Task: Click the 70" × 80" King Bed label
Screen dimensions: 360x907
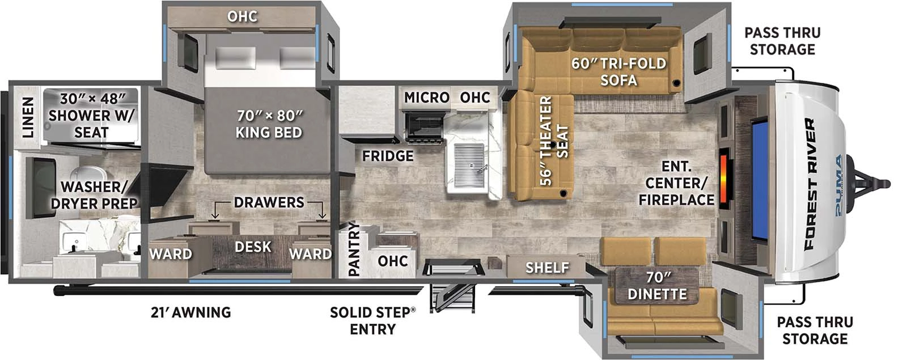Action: tap(269, 124)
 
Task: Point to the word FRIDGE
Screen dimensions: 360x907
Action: tap(388, 155)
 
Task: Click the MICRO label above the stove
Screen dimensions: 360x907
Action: tap(426, 98)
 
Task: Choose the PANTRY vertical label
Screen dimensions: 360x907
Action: tap(354, 249)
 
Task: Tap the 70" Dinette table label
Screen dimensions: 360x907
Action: tap(657, 285)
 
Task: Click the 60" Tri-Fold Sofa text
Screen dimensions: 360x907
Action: tap(618, 71)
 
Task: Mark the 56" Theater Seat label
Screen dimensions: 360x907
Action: tap(553, 141)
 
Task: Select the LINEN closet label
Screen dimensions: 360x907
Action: tap(27, 117)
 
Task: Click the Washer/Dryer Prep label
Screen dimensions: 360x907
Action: tap(94, 194)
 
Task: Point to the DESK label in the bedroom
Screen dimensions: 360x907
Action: tap(253, 247)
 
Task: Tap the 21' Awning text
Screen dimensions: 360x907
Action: tap(190, 312)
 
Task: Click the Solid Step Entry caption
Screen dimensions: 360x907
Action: tap(372, 320)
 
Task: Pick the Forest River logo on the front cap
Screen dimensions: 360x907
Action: tap(809, 184)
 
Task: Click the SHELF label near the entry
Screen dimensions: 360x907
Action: tap(546, 267)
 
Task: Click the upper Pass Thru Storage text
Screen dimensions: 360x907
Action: tap(782, 41)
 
